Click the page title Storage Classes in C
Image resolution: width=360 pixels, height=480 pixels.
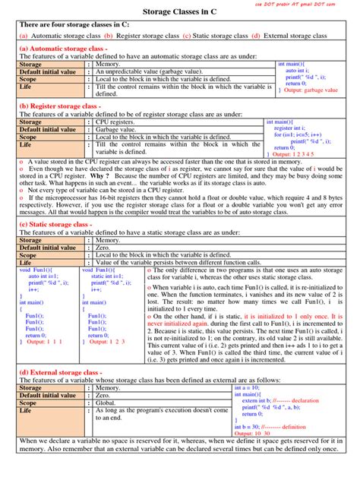(179, 13)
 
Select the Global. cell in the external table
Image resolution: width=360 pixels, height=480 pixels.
(107, 403)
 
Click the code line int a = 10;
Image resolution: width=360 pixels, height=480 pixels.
(248, 387)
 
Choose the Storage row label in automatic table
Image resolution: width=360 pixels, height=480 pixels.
(31, 64)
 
